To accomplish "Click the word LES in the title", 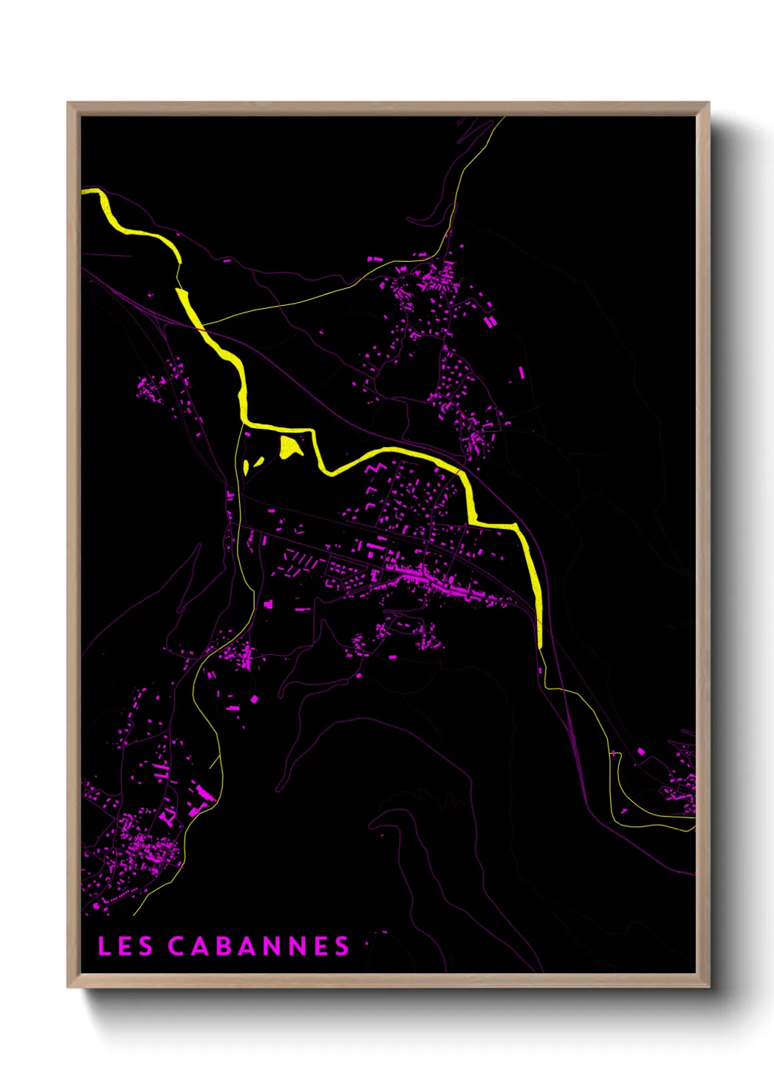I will click(x=125, y=945).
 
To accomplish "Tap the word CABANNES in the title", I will click(x=259, y=945).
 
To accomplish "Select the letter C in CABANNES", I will click(x=177, y=945).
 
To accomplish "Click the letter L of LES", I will click(x=105, y=945).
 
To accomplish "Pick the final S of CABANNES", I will click(x=342, y=945).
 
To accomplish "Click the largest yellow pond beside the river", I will click(x=290, y=446).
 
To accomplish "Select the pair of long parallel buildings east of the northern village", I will click(x=490, y=321).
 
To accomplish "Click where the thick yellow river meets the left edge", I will click(x=84, y=192).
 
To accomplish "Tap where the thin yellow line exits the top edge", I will click(x=503, y=119).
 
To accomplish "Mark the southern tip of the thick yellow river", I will click(x=540, y=645).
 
